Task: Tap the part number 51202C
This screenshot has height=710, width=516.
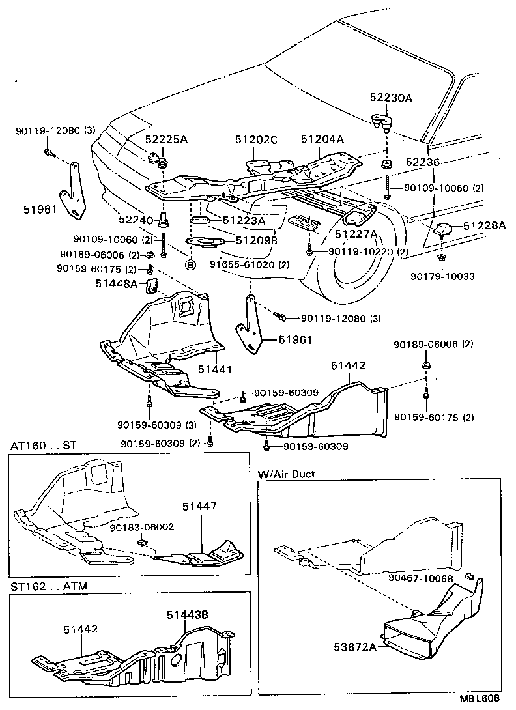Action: click(x=256, y=139)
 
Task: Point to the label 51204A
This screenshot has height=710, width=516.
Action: click(x=322, y=139)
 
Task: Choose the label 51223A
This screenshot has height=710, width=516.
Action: click(x=244, y=220)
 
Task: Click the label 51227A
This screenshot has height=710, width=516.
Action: click(x=356, y=234)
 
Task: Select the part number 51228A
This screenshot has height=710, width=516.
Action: click(x=484, y=226)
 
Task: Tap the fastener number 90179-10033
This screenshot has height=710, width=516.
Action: click(x=442, y=276)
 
